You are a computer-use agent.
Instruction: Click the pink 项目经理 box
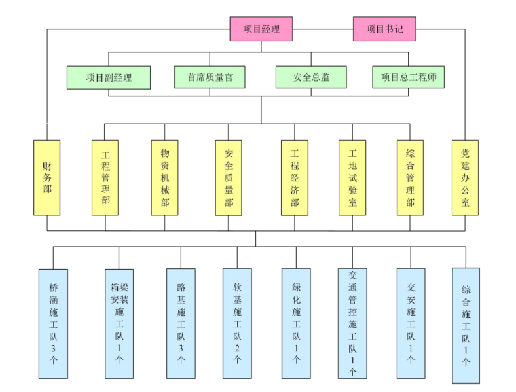click(x=261, y=29)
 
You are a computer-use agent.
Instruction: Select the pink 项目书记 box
click(x=384, y=29)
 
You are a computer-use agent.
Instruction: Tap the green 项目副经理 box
click(x=109, y=77)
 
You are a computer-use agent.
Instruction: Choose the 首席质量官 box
click(x=210, y=77)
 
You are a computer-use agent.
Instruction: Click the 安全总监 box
click(x=311, y=77)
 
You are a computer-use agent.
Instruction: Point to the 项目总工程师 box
click(x=408, y=77)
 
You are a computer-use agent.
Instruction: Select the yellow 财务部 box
click(x=47, y=177)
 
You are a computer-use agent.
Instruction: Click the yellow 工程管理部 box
click(x=105, y=177)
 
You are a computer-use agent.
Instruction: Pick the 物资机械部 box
click(x=164, y=177)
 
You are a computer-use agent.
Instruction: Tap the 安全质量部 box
click(x=229, y=177)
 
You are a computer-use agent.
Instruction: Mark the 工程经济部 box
click(x=295, y=177)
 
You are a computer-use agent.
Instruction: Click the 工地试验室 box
click(x=352, y=177)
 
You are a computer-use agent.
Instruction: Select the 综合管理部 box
click(x=410, y=177)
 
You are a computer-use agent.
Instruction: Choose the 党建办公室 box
click(x=465, y=177)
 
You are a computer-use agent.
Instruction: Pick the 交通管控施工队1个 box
click(x=353, y=323)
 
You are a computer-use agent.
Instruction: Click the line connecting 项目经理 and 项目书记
click(x=322, y=29)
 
